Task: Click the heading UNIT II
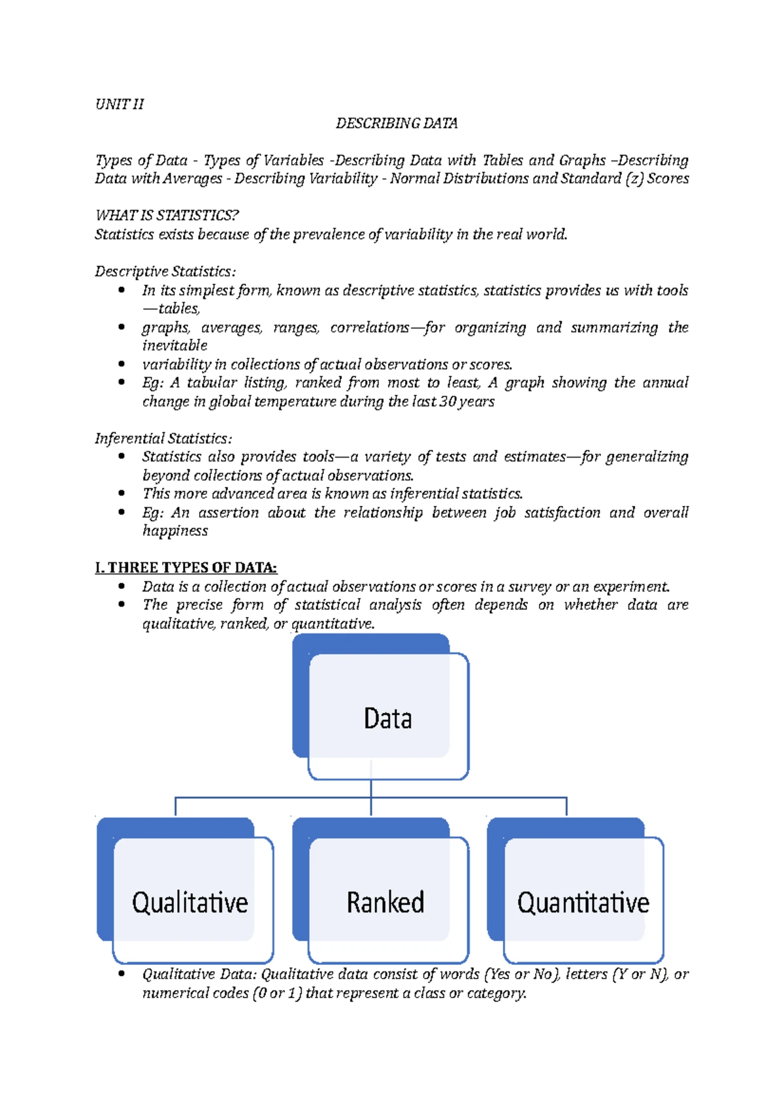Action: (120, 105)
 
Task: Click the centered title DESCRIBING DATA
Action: (396, 124)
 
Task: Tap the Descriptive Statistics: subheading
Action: (165, 272)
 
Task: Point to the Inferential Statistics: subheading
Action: (163, 439)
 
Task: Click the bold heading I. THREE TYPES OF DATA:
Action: (186, 567)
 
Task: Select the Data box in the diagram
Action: (387, 719)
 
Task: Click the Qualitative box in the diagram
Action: (190, 903)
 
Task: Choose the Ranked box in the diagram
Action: (385, 903)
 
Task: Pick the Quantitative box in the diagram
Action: (583, 903)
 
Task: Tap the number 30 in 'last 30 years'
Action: (448, 401)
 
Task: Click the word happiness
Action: (175, 531)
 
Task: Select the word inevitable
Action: (174, 346)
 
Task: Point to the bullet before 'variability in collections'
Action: (122, 364)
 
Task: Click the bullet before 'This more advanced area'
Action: (122, 494)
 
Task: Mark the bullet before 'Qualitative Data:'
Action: (122, 974)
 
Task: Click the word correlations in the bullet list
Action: (369, 328)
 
